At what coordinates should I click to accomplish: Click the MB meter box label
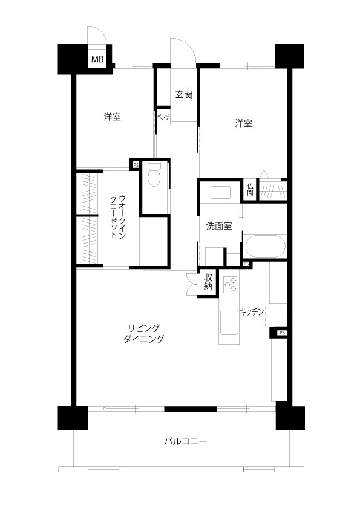tap(97, 59)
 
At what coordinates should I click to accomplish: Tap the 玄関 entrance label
tap(184, 94)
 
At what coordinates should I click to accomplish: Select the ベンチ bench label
tap(163, 117)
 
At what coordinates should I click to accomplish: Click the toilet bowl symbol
tap(154, 174)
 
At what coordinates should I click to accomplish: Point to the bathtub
tap(265, 246)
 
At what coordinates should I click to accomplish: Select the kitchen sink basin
tap(229, 322)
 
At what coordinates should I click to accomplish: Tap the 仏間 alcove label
tap(250, 190)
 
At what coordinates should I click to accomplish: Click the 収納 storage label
tap(208, 282)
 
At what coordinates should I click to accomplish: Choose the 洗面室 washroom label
tap(219, 226)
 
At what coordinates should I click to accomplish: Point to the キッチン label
tap(252, 312)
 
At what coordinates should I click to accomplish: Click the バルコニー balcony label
tap(186, 441)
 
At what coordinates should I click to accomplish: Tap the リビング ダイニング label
tap(144, 333)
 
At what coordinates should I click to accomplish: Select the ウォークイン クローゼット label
tap(118, 216)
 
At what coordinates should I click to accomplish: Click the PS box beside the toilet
tap(136, 165)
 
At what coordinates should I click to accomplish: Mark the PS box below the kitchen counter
tap(282, 332)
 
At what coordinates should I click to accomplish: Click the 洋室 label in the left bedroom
tap(113, 117)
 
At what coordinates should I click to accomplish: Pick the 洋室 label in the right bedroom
tap(244, 123)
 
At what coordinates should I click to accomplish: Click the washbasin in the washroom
tap(220, 192)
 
